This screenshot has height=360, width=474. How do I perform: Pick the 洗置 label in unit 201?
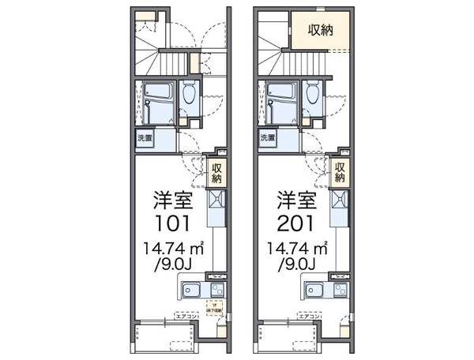tap(269, 139)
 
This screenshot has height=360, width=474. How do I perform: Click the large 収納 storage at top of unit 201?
tap(320, 31)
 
